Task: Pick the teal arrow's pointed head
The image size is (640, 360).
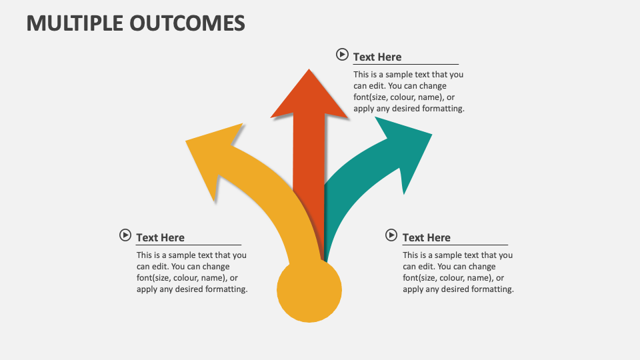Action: point(407,150)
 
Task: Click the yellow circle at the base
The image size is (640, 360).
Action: point(309,291)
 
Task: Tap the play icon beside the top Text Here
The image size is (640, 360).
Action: point(342,55)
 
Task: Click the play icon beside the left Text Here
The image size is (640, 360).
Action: point(125,235)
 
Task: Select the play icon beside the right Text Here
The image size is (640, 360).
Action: point(391,235)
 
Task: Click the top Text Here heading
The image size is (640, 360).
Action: point(377,57)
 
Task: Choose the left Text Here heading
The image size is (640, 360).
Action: point(160,238)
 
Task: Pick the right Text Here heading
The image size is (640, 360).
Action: point(427,238)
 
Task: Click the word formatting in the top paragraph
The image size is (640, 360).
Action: point(443,109)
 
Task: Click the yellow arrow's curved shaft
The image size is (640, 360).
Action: point(267,200)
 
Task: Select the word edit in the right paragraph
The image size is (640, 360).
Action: point(425,267)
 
